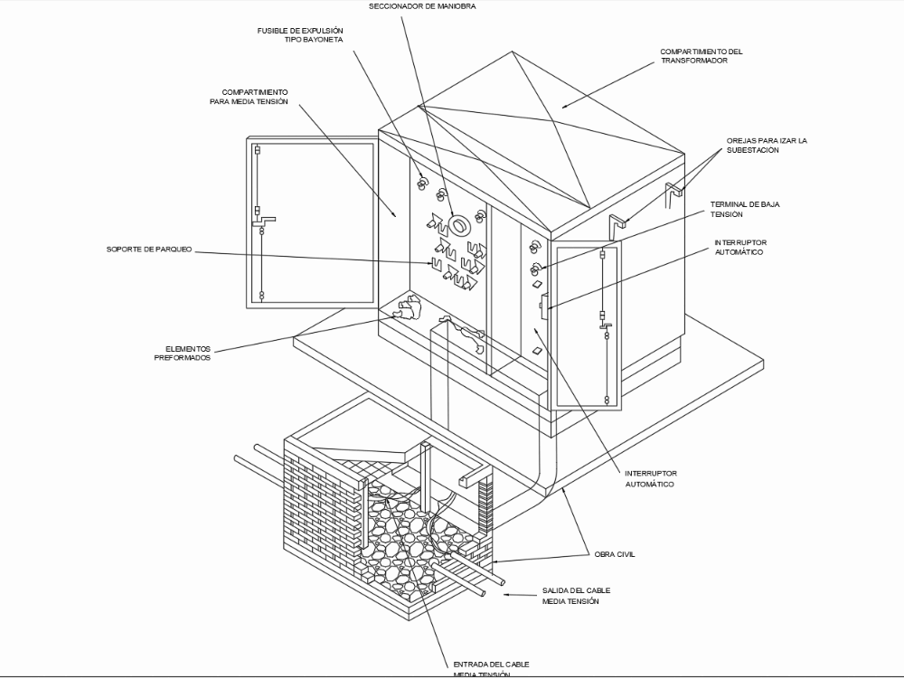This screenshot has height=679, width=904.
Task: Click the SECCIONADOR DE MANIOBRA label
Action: pyautogui.click(x=422, y=6)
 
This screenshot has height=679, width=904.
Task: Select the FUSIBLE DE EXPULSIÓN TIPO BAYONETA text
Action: pyautogui.click(x=300, y=35)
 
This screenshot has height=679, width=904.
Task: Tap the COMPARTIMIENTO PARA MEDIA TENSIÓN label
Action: pyautogui.click(x=255, y=97)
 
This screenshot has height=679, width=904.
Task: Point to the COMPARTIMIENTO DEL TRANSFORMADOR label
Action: pyautogui.click(x=701, y=56)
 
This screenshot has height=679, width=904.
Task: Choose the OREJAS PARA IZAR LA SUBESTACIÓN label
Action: pyautogui.click(x=766, y=146)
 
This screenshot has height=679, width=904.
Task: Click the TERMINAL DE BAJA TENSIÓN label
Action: pyautogui.click(x=745, y=210)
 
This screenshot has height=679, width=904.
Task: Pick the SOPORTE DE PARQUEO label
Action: pyautogui.click(x=149, y=250)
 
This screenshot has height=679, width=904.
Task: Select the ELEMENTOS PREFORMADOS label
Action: pyautogui.click(x=187, y=353)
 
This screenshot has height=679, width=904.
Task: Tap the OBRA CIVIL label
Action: pyautogui.click(x=615, y=554)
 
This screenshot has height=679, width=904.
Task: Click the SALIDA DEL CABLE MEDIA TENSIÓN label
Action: pyautogui.click(x=570, y=595)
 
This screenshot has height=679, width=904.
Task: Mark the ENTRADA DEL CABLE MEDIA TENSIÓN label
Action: pyautogui.click(x=491, y=669)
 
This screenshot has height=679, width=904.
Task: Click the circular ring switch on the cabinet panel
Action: pyautogui.click(x=457, y=223)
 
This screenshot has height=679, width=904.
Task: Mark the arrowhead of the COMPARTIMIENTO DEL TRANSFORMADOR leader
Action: pyautogui.click(x=562, y=108)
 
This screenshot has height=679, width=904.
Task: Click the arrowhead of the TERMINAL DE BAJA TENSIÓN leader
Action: pyautogui.click(x=538, y=268)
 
